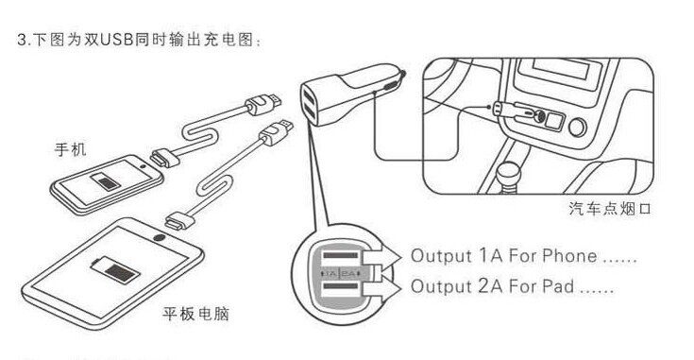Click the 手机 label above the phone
point(70,148)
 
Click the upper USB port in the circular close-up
point(341,257)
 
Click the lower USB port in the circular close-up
point(341,291)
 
